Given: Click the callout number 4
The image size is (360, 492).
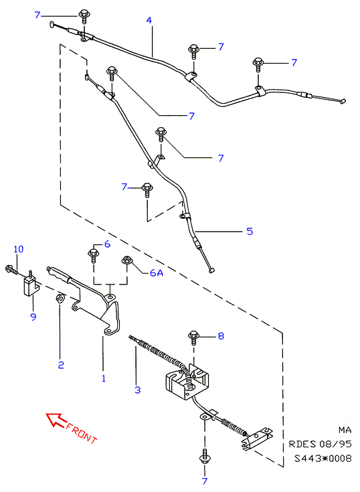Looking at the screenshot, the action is [x=149, y=20].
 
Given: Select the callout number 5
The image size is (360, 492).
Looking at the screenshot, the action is [x=250, y=232].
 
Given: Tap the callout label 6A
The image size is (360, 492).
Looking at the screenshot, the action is [x=157, y=273].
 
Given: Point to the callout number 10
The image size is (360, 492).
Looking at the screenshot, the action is [x=19, y=249].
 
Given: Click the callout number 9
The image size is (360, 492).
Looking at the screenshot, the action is [x=33, y=317].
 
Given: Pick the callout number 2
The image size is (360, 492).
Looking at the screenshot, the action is [x=61, y=365].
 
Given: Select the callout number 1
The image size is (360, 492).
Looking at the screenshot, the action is [x=104, y=378].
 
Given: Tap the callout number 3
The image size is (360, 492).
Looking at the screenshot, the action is [x=138, y=390].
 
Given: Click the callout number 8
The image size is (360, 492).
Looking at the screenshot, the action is [x=221, y=336].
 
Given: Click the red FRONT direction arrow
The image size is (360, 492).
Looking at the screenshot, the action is [x=55, y=420].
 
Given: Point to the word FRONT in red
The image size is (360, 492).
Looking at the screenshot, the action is [x=82, y=433].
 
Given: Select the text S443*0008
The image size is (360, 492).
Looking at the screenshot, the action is [x=323, y=459].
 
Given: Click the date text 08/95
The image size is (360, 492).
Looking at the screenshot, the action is [x=335, y=444].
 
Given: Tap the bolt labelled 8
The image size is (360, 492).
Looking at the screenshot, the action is [x=193, y=337].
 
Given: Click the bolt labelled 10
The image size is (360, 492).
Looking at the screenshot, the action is [x=11, y=270].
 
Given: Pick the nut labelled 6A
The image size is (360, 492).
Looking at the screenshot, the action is [x=126, y=260].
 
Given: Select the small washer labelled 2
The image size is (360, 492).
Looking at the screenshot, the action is [x=60, y=298].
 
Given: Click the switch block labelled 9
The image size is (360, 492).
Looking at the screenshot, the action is [x=31, y=285].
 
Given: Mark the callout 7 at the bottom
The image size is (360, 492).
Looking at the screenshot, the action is [x=205, y=481].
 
